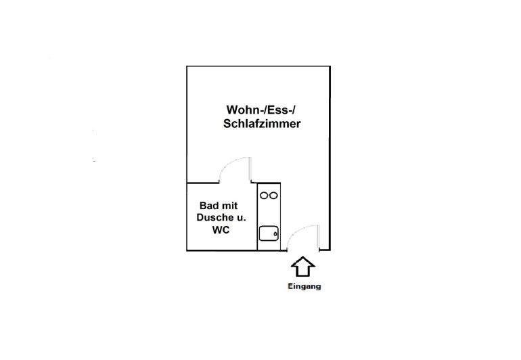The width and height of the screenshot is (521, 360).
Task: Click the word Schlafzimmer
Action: [262, 125]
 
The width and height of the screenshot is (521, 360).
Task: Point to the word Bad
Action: [208, 206]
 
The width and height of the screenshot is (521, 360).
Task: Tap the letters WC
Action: [221, 230]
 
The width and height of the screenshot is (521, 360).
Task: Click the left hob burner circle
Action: [264, 196]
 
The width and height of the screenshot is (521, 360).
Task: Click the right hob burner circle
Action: [273, 196]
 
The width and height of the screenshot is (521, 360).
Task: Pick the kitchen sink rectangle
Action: [269, 233]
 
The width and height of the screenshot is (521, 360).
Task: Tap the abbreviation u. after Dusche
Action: [242, 218]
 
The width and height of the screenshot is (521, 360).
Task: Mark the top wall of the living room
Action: [258, 66]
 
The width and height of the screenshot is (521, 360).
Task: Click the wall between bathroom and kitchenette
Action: [257, 217]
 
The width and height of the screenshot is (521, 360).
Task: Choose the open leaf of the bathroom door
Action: [252, 171]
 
